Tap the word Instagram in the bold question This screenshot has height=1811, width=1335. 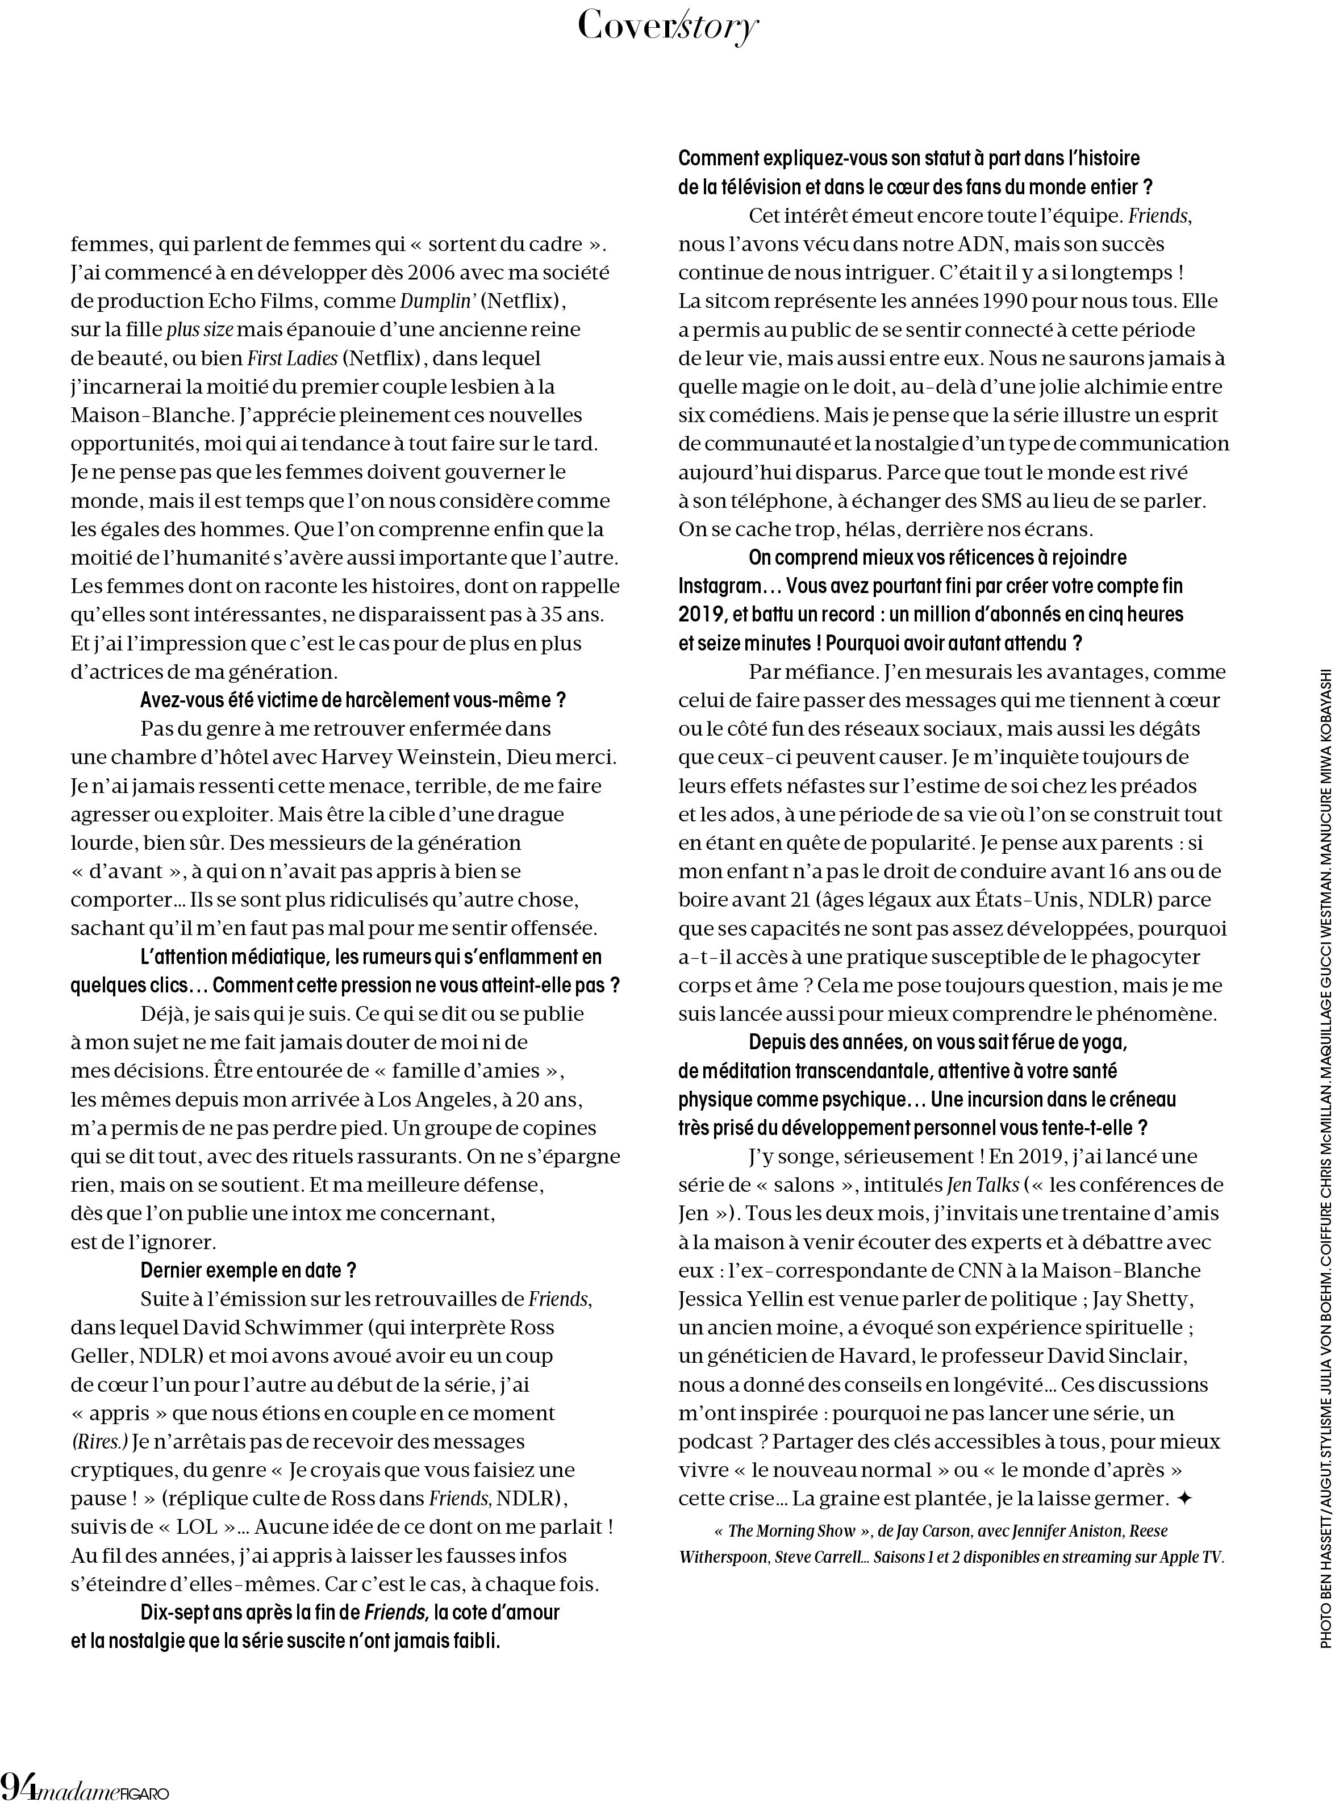tap(723, 585)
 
